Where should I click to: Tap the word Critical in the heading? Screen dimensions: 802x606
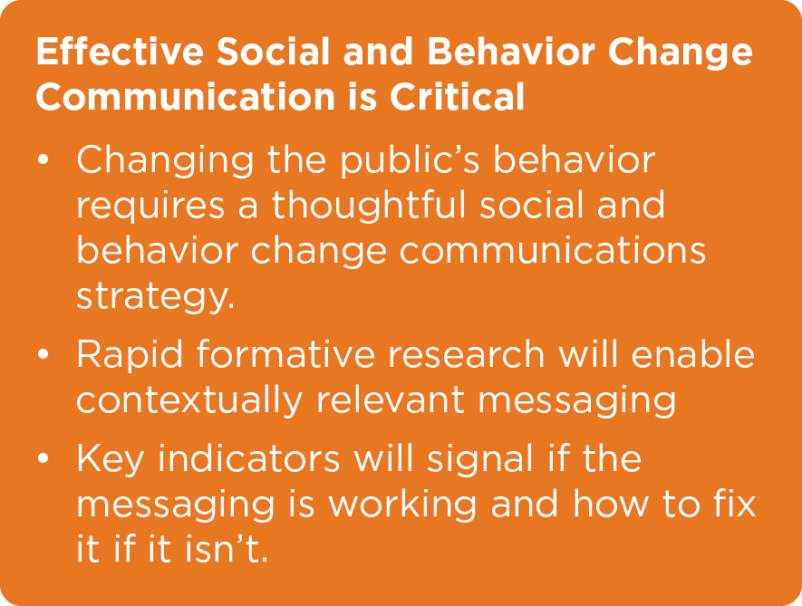(x=458, y=96)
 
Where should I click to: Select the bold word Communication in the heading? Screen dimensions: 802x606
(x=185, y=96)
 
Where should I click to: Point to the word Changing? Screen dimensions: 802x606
(x=165, y=161)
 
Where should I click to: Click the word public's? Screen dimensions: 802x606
(x=411, y=161)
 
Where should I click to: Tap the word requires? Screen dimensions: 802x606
(x=150, y=207)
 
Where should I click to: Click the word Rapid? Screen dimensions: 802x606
(x=130, y=355)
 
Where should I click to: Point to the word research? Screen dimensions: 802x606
(x=466, y=355)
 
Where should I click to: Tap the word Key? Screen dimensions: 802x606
(x=110, y=459)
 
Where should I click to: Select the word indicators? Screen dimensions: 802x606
(x=248, y=457)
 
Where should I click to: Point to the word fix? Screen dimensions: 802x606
(x=734, y=503)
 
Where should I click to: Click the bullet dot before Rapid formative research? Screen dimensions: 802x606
(x=43, y=354)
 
